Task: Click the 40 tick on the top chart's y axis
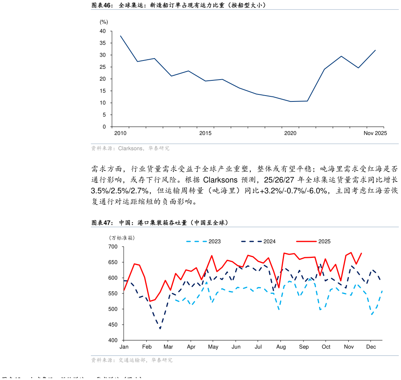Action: point(103,31)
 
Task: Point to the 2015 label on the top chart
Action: point(205,133)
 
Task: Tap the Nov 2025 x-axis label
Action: point(375,133)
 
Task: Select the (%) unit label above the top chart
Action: point(104,22)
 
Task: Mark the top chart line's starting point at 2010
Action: point(121,36)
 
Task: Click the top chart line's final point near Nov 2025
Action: point(375,50)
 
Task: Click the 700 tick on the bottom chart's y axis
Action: point(113,247)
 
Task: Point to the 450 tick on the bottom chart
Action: point(113,325)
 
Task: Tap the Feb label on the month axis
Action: point(147,347)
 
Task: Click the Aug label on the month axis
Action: point(281,347)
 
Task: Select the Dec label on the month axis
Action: point(371,347)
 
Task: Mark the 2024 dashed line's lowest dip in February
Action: point(160,329)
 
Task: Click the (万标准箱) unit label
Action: point(122,238)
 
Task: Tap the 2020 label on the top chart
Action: point(290,133)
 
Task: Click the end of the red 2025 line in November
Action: point(361,253)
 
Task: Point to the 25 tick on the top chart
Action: point(103,67)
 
